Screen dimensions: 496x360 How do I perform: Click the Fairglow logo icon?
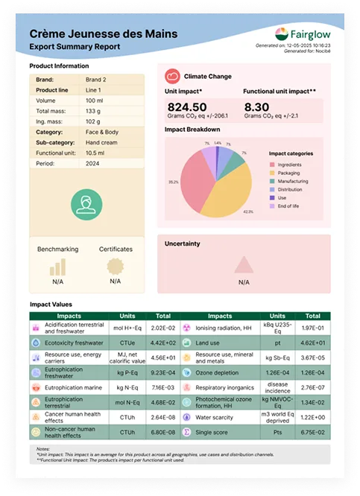pyautogui.click(x=281, y=34)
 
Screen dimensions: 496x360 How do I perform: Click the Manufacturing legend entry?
pyautogui.click(x=289, y=180)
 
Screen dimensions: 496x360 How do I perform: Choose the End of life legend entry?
pyautogui.click(x=288, y=206)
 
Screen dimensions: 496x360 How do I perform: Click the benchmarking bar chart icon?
pyautogui.click(x=57, y=266)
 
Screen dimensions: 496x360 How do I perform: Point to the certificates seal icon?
pyautogui.click(x=115, y=265)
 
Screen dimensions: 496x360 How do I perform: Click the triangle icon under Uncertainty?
pyautogui.click(x=244, y=265)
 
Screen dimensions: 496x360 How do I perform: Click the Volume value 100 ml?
pyautogui.click(x=95, y=100)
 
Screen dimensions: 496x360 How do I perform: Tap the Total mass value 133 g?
pyautogui.click(x=93, y=110)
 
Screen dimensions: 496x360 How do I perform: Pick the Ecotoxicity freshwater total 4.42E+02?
pyautogui.click(x=162, y=343)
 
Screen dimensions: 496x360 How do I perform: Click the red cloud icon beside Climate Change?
pyautogui.click(x=171, y=75)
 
